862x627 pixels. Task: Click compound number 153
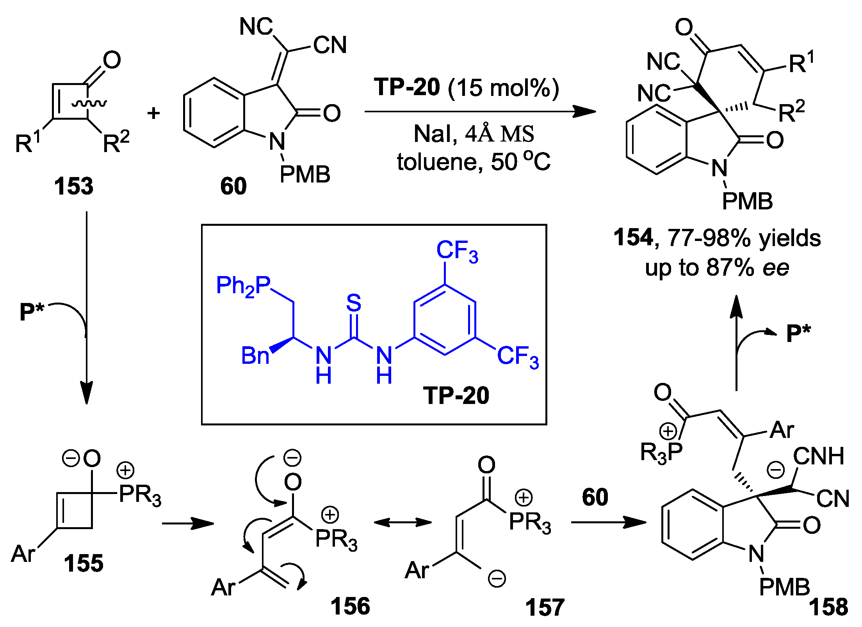(73, 186)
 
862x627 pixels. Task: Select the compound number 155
(84, 563)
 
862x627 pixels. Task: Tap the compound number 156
(350, 606)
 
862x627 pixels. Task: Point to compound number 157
(545, 608)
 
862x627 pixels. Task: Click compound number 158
(828, 607)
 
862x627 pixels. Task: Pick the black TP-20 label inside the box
(456, 395)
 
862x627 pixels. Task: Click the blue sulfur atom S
(354, 303)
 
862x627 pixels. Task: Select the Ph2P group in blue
(243, 286)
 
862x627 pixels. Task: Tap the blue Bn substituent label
(255, 356)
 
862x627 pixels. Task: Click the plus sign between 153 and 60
(153, 113)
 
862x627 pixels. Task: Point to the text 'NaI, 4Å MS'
(473, 134)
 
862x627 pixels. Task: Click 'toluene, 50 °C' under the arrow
(473, 161)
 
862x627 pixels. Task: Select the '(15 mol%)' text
(503, 88)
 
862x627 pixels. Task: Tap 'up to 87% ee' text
(716, 268)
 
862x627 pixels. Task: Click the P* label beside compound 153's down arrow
(32, 312)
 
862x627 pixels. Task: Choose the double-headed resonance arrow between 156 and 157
(402, 522)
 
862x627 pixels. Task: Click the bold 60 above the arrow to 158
(595, 497)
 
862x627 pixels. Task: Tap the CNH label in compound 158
(818, 456)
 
